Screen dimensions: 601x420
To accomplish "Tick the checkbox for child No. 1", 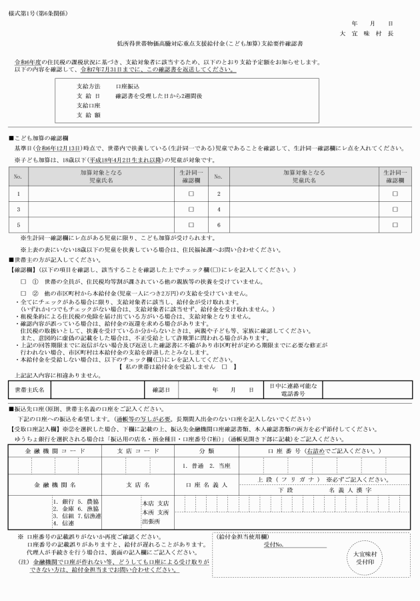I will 191,193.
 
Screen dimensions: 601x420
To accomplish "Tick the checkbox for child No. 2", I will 395,193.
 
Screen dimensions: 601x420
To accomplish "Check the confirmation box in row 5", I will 191,225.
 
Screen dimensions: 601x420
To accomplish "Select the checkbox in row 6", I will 395,225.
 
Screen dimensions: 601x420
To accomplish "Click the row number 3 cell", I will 18,209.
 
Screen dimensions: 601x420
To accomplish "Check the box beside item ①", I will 23,283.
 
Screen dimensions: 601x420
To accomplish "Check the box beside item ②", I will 23,293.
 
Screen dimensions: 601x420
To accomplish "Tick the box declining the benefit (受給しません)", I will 224,367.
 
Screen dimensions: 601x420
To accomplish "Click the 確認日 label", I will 161,389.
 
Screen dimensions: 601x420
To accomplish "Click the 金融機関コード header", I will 55,451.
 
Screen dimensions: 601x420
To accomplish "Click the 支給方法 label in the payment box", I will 88,87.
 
